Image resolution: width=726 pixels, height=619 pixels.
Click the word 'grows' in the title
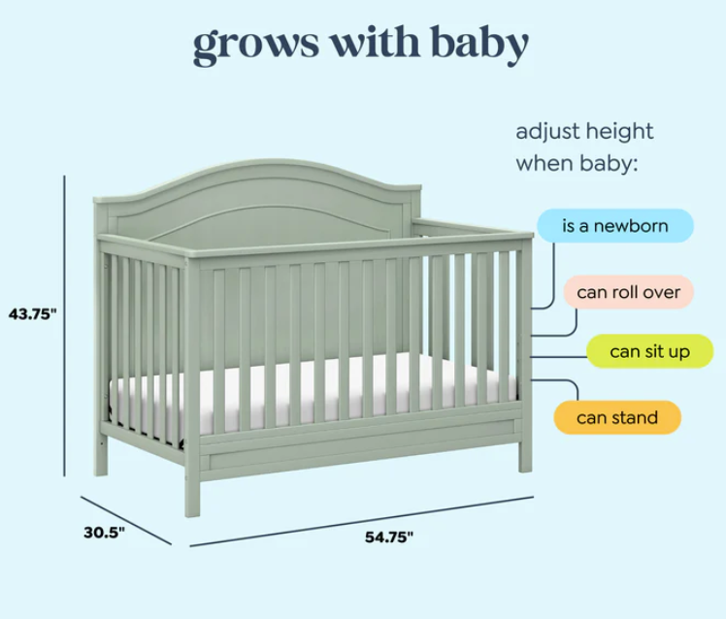click(x=256, y=45)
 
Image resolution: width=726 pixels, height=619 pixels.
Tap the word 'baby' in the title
click(x=479, y=43)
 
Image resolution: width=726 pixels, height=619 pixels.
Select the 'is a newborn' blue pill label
click(x=615, y=226)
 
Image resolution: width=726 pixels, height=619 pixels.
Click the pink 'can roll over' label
click(x=628, y=292)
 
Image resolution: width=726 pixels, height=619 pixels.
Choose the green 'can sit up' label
click(x=649, y=351)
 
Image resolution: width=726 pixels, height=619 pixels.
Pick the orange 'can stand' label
click(x=617, y=417)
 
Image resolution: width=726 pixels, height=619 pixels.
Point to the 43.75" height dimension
click(x=32, y=314)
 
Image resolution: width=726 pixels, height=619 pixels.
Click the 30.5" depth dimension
click(x=104, y=533)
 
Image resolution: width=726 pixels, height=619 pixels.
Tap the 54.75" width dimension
click(x=389, y=538)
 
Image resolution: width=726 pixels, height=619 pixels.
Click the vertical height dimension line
click(x=65, y=325)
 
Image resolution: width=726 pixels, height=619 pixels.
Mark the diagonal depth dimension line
click(x=126, y=520)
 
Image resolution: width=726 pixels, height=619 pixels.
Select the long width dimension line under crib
click(x=362, y=522)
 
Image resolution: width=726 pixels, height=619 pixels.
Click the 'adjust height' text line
click(x=584, y=132)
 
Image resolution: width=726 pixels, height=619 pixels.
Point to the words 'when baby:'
click(x=577, y=163)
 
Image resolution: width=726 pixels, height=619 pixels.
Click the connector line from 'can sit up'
click(x=558, y=357)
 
